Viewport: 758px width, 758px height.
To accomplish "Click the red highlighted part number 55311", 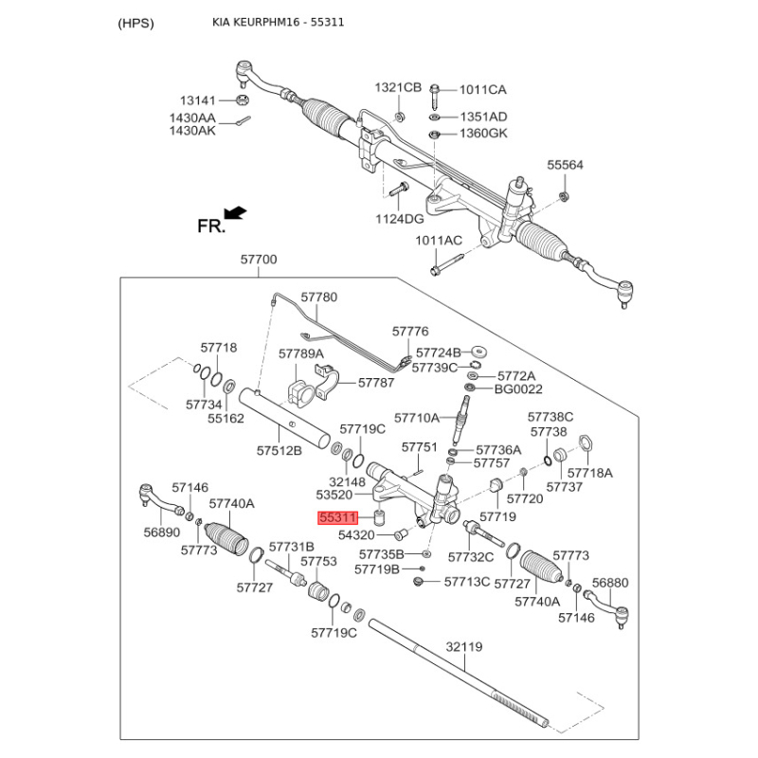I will [336, 518].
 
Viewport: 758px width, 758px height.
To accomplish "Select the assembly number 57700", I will [259, 260].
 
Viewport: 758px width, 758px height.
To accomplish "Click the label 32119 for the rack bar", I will [464, 647].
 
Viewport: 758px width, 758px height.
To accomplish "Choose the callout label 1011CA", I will [483, 90].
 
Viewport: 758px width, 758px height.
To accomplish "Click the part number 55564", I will [566, 165].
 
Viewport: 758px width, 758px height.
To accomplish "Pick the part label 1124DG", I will [400, 219].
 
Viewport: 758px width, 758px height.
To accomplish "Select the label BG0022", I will [518, 388].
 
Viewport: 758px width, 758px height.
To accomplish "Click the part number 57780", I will [318, 297].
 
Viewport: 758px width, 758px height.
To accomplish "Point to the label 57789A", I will [301, 353].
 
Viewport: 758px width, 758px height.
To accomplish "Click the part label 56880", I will [610, 583].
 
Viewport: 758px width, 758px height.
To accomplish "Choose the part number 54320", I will [357, 535].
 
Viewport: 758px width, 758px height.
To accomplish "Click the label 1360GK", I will [483, 133].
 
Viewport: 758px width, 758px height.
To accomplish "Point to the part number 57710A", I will [417, 417].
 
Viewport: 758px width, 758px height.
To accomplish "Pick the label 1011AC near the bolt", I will [438, 241].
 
